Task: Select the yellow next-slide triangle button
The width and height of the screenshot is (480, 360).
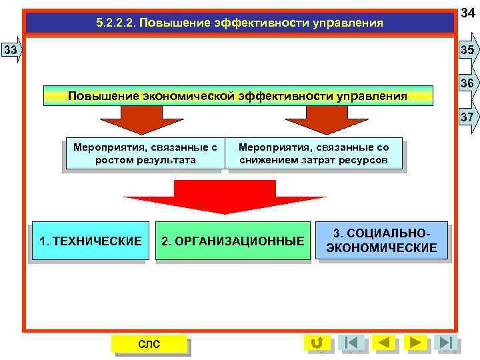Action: click(x=416, y=343)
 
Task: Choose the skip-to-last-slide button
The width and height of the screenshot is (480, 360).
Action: click(x=447, y=343)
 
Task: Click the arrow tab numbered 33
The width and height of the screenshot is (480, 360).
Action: click(x=11, y=50)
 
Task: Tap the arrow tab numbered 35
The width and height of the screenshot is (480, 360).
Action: click(x=467, y=50)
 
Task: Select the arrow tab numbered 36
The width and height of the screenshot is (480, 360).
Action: click(x=467, y=83)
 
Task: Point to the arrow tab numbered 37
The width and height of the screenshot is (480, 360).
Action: click(x=467, y=117)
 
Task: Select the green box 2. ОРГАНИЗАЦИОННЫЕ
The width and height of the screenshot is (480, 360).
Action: click(x=233, y=241)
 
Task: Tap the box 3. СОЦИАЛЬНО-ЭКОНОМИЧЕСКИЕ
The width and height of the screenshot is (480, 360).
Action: click(x=381, y=241)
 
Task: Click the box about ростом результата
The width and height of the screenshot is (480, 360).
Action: click(x=145, y=154)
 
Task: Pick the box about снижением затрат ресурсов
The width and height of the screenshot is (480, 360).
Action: click(x=313, y=154)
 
